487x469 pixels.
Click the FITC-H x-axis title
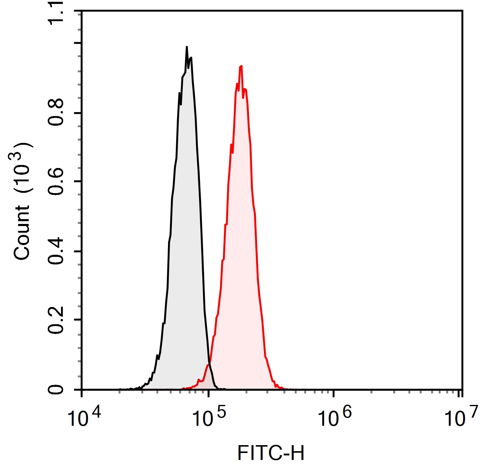(x=271, y=453)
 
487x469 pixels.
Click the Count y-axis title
(x=21, y=201)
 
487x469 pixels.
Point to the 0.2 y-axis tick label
(x=56, y=320)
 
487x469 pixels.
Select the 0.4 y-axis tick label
(x=56, y=251)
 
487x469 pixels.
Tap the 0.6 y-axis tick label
(x=56, y=181)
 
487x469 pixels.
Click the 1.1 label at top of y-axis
(x=56, y=14)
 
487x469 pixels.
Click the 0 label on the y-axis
(x=56, y=389)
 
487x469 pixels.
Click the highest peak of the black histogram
(x=187, y=47)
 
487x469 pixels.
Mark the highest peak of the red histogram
(x=241, y=66)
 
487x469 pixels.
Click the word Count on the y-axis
(x=21, y=233)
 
